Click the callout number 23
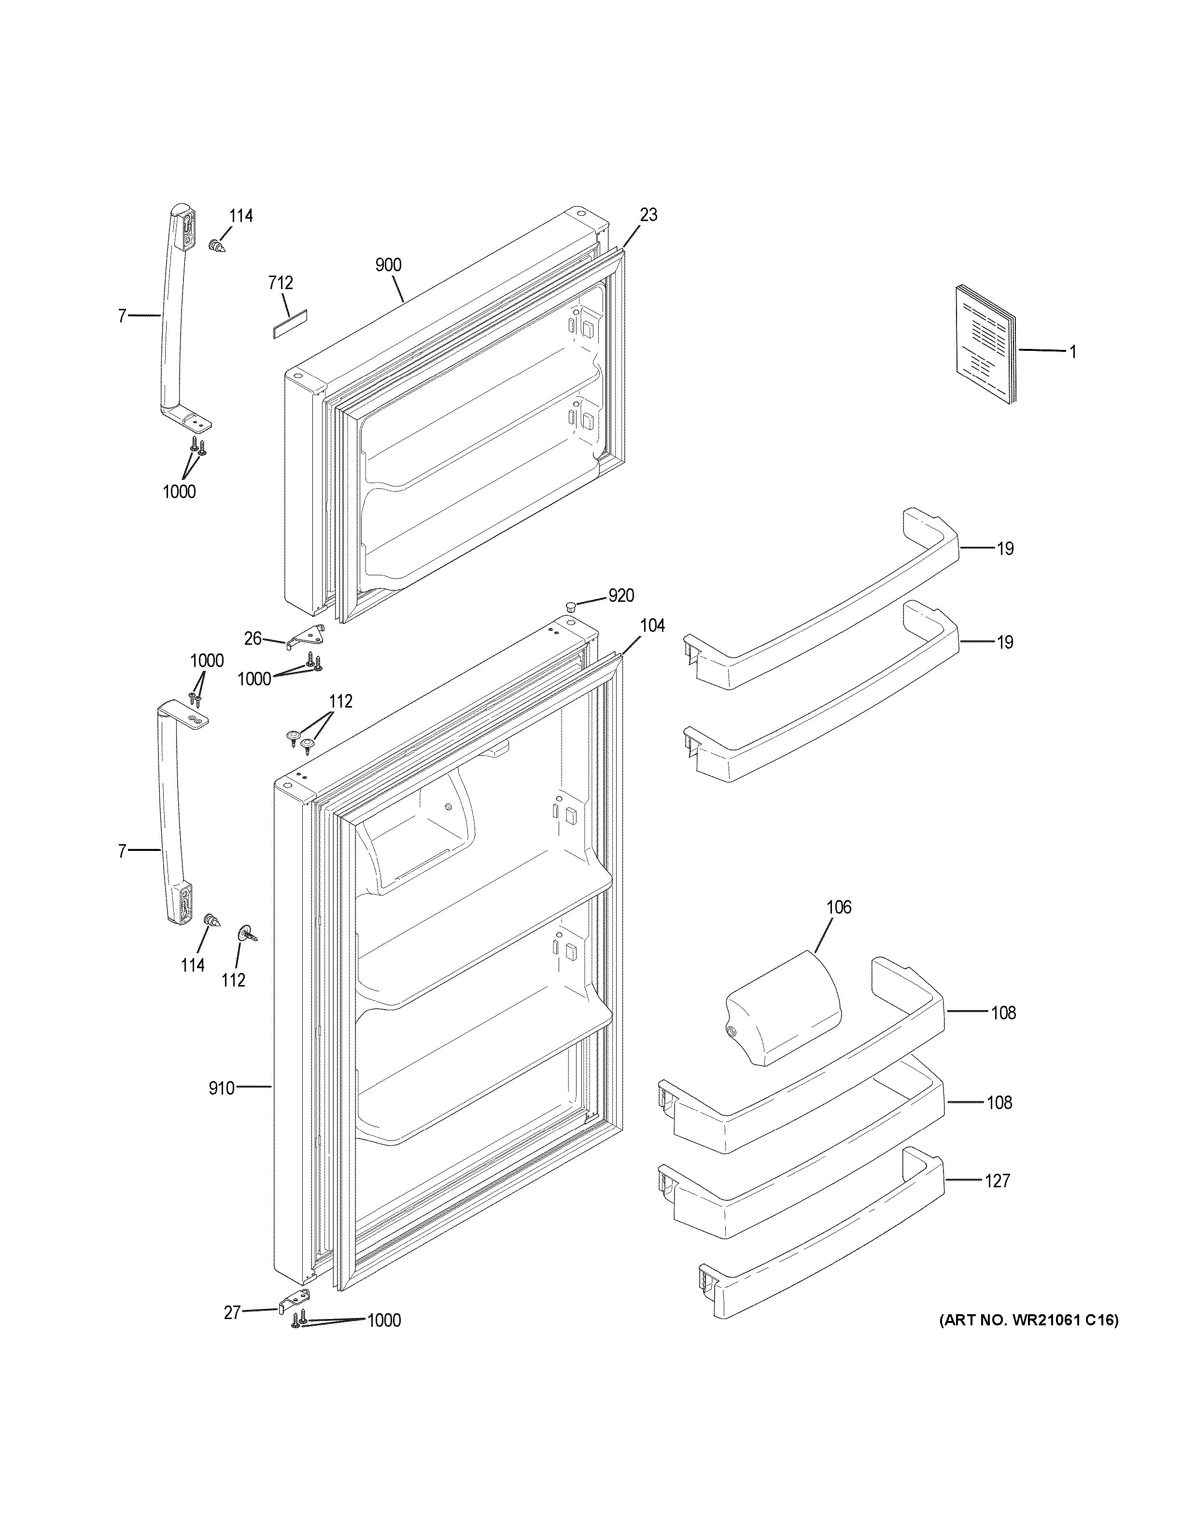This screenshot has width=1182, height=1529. click(x=648, y=215)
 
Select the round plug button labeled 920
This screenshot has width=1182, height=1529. click(x=571, y=605)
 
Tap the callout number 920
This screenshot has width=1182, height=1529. click(x=620, y=595)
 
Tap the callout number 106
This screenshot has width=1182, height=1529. click(x=838, y=907)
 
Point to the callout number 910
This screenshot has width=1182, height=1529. click(x=221, y=1088)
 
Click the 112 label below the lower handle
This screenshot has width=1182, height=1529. click(x=233, y=980)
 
